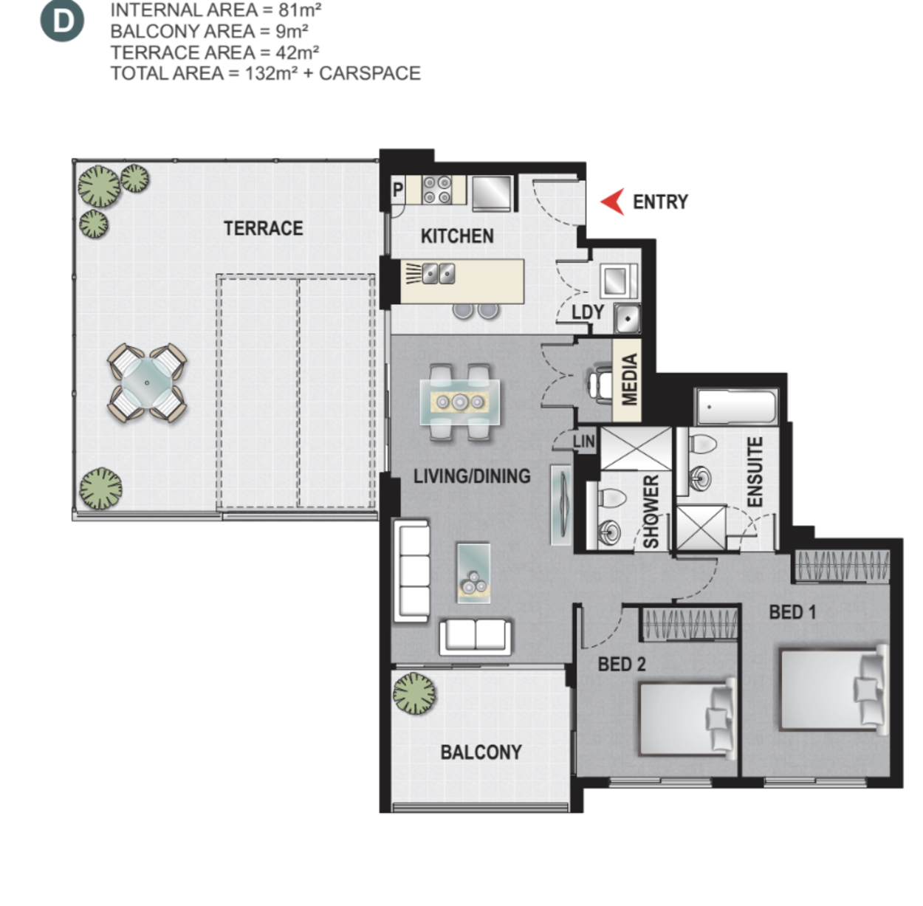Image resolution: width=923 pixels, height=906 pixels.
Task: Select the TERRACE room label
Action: [264, 228]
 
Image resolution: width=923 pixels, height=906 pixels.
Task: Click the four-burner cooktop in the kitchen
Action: [437, 190]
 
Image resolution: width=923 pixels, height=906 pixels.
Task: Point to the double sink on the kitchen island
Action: [439, 274]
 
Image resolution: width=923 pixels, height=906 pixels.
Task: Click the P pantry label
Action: [397, 191]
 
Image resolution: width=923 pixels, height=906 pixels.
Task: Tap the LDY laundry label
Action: [588, 312]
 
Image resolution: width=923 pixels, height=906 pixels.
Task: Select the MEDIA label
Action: [629, 380]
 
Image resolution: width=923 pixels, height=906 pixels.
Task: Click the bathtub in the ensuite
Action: [737, 408]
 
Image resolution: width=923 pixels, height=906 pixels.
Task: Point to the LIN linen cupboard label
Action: [584, 442]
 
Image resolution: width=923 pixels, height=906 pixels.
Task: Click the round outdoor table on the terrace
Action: [147, 383]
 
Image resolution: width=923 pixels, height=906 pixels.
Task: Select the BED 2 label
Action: [622, 664]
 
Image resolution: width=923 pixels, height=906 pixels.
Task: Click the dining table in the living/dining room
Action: [460, 402]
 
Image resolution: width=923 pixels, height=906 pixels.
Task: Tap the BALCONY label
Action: [481, 752]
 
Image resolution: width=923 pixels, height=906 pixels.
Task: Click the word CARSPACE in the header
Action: [370, 73]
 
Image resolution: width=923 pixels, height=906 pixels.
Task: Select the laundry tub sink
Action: [627, 318]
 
